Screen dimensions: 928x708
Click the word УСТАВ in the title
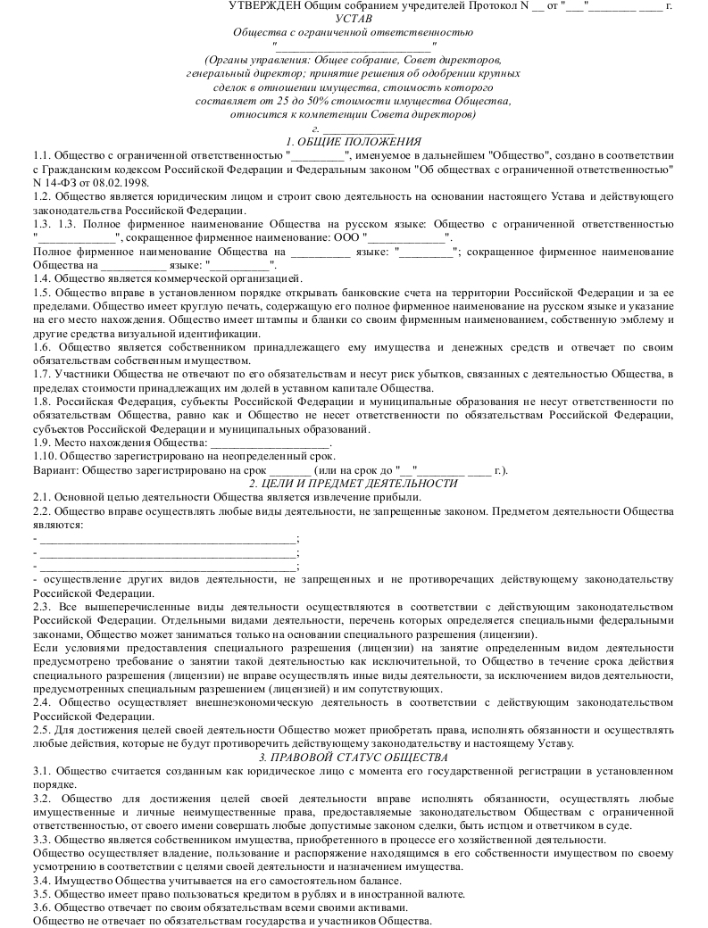click(354, 18)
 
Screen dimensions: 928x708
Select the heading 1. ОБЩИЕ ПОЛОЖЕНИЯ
click(354, 142)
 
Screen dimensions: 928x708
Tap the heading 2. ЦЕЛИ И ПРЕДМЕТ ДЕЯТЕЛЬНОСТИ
click(354, 483)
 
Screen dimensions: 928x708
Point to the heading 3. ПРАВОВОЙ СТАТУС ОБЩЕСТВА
click(354, 758)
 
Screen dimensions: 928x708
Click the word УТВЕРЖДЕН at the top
click(260, 5)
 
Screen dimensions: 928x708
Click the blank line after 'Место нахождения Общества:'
click(270, 443)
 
